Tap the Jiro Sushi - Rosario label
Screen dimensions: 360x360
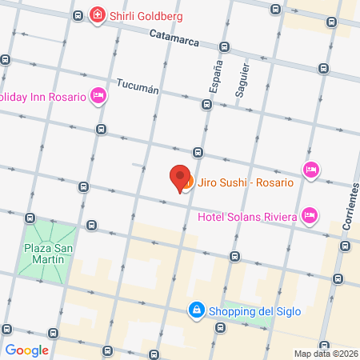tap(245, 183)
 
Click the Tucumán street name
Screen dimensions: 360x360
tap(135, 86)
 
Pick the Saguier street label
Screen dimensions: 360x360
tap(239, 81)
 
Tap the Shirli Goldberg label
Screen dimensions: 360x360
tap(147, 15)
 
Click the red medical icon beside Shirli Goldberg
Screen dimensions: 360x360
tap(98, 15)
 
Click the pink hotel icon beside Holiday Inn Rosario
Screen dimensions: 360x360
tap(98, 97)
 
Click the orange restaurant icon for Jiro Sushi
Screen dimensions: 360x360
tap(187, 186)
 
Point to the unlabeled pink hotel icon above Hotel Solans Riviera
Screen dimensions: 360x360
tap(310, 170)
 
